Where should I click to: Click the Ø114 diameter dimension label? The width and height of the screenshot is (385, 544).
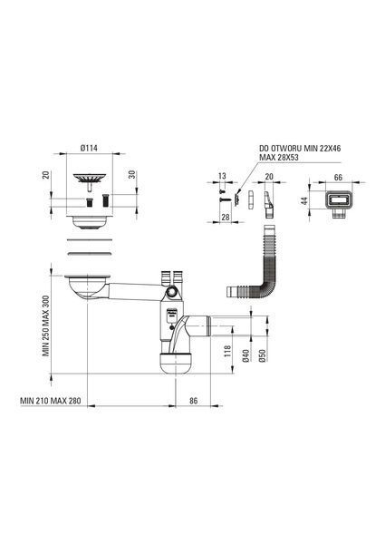click(x=89, y=148)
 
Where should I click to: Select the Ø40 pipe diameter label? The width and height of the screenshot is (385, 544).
click(x=245, y=356)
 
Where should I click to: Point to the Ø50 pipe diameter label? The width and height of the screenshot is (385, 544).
click(x=263, y=356)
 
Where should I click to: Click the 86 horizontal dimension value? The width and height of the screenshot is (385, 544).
click(x=193, y=401)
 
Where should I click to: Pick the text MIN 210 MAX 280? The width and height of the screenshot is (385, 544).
click(x=51, y=401)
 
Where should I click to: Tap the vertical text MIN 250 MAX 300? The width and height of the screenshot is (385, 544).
click(x=46, y=325)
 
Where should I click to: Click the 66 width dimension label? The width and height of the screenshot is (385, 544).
click(x=338, y=178)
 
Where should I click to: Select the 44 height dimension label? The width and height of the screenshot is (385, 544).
click(x=304, y=201)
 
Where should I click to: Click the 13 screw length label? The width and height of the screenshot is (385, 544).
click(x=222, y=176)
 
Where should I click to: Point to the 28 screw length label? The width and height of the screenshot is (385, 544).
click(x=226, y=217)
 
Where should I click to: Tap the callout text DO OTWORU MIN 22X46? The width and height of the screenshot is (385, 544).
click(x=300, y=149)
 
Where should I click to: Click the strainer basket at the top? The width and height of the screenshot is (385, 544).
click(x=90, y=179)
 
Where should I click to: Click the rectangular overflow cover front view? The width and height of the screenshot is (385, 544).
click(x=339, y=202)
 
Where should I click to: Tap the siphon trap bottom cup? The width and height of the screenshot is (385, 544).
click(x=176, y=363)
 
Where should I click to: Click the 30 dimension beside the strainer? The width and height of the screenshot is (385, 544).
click(x=132, y=174)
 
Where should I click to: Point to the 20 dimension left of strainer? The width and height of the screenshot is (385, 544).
click(x=46, y=174)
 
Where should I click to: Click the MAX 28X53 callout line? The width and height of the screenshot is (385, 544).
click(x=279, y=157)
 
